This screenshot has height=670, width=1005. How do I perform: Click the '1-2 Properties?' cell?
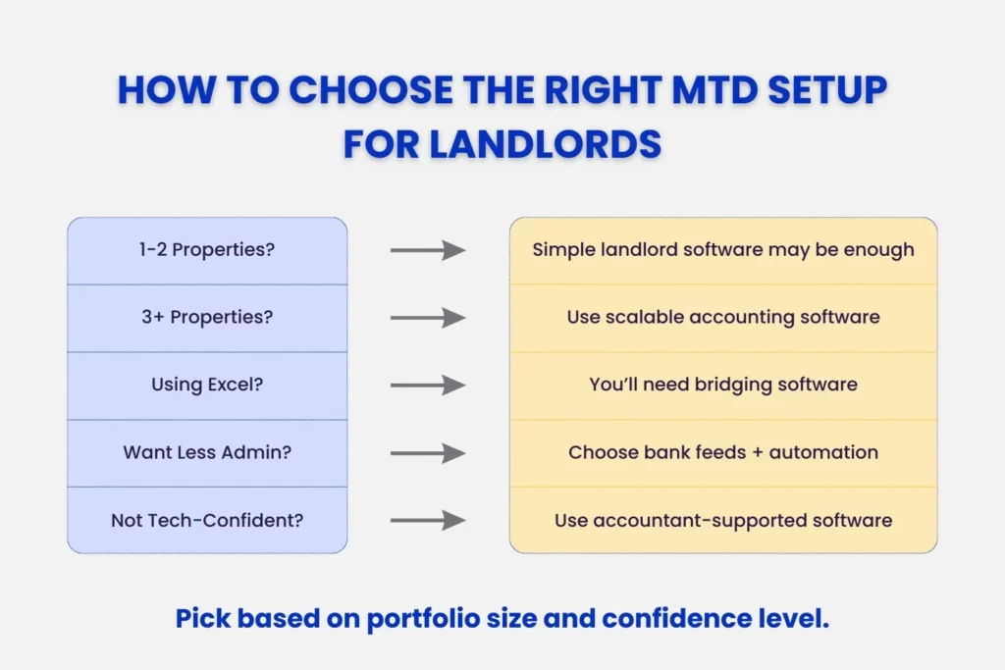[207, 250]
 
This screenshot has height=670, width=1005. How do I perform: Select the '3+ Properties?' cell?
[207, 318]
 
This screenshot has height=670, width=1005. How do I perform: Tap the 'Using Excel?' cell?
[207, 385]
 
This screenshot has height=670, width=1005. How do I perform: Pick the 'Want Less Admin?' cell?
[207, 452]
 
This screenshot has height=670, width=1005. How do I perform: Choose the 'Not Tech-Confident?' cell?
[207, 520]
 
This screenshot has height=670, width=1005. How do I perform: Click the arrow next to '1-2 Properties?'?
[427, 250]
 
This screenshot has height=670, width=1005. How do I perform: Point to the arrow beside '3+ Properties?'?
[427, 318]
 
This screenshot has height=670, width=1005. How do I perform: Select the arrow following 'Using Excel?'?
[427, 385]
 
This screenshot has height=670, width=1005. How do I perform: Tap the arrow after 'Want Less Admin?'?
[427, 452]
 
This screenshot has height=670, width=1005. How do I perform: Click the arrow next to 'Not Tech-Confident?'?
[427, 520]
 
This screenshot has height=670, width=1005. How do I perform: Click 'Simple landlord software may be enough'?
[723, 250]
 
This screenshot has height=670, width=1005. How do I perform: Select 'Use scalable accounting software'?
[723, 318]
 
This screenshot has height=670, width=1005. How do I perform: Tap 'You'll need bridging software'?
[723, 385]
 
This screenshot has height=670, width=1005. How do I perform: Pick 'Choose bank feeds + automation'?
[723, 452]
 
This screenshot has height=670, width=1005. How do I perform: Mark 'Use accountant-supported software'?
[723, 520]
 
